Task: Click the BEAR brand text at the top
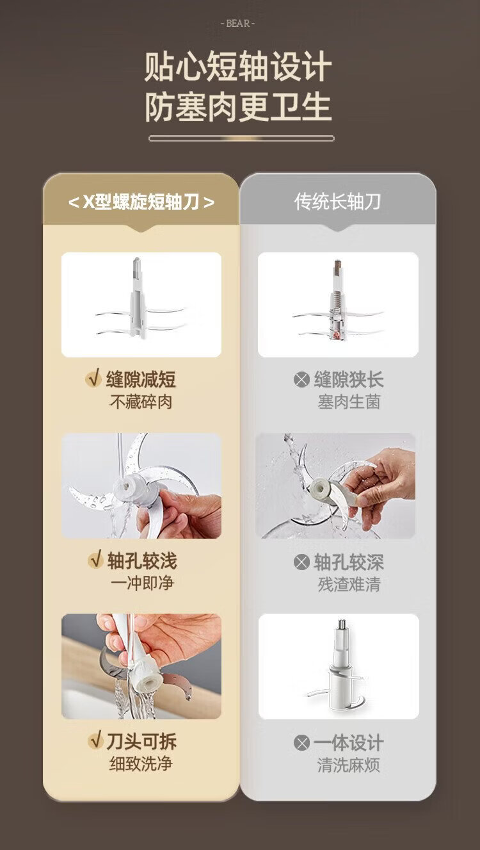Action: point(237,24)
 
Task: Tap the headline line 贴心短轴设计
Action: point(238,67)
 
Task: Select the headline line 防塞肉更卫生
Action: point(238,108)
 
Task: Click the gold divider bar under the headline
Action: point(241,138)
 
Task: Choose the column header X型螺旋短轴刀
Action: point(141,202)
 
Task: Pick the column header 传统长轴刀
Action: point(337,202)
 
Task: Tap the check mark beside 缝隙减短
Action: point(93,378)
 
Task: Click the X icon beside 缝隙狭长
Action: point(301,379)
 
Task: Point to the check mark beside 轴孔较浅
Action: point(95,559)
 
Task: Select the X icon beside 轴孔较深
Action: point(301,562)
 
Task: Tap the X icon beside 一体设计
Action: point(301,743)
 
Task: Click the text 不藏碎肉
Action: point(141,402)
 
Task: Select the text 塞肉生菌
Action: point(349,402)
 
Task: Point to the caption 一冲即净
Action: point(142,584)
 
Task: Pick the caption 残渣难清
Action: point(349,584)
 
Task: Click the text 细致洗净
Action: point(141,764)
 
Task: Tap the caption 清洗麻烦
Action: point(349,765)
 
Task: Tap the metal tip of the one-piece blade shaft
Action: point(342,624)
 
